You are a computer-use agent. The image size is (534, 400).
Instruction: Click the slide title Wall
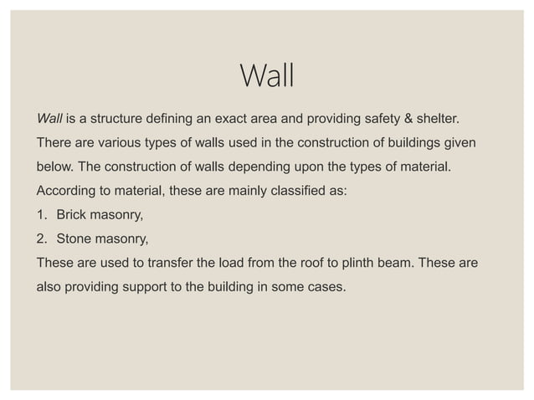pos(267,77)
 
